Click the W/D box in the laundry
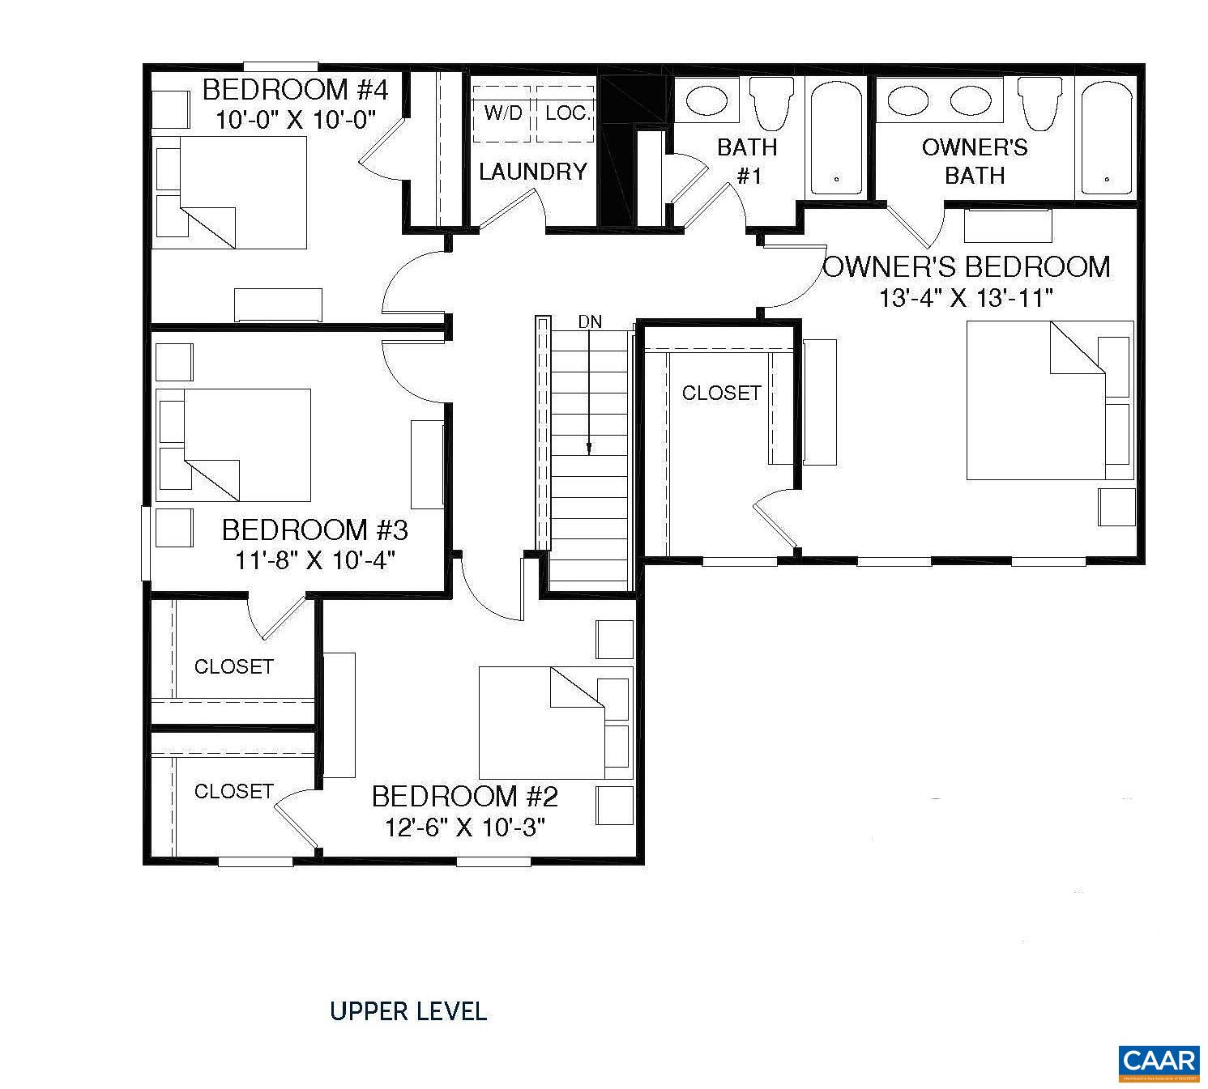502,113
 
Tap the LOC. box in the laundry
566,113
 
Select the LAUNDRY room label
532,172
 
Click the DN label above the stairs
590,322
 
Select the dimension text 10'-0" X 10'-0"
297,121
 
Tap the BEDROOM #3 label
314,530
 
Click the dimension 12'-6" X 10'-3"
464,827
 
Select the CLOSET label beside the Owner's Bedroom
721,393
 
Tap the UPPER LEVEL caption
408,1011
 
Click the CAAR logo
1159,1061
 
